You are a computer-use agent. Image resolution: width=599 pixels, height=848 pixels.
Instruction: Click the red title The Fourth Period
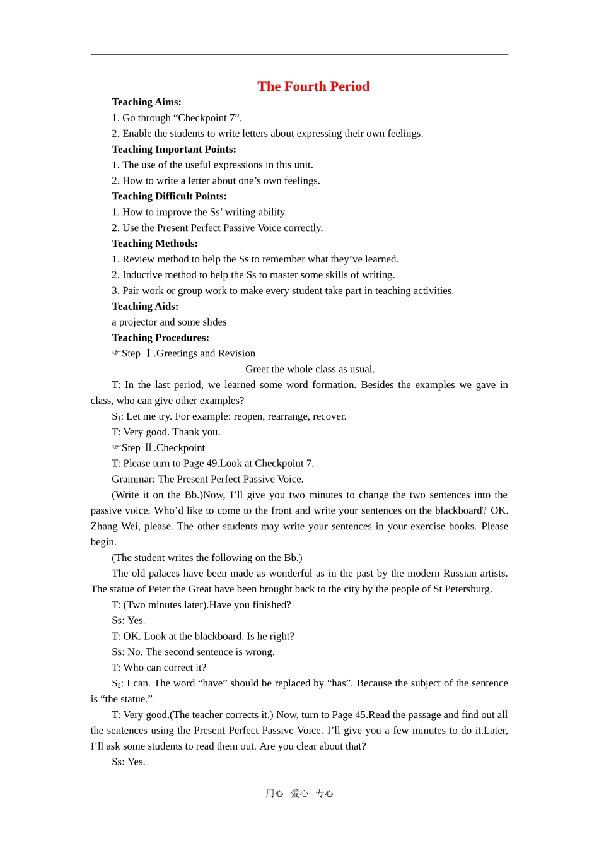point(313,86)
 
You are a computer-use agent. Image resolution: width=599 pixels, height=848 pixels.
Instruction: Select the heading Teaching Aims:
point(146,102)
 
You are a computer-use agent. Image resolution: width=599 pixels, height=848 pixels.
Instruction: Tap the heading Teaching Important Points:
point(174,150)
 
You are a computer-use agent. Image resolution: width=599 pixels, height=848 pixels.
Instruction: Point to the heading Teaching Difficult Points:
point(169,196)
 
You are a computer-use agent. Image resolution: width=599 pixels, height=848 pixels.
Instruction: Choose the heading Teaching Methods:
point(154,244)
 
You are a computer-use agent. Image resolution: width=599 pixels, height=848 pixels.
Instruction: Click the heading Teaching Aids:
point(145,307)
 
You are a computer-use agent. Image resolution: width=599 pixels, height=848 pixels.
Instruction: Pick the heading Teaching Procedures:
point(160,338)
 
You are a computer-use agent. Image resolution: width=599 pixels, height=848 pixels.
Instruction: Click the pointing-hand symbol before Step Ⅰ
point(116,353)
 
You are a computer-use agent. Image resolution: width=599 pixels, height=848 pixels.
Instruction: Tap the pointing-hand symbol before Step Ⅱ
point(116,447)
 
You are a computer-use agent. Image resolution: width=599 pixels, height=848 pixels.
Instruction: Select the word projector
point(139,322)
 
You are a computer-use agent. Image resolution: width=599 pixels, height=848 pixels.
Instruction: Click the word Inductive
point(142,275)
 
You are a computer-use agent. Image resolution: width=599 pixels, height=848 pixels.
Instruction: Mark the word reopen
point(249,416)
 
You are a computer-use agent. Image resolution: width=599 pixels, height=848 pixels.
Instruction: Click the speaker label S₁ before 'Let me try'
point(116,417)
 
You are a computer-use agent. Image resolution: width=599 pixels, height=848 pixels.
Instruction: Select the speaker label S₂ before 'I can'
point(116,684)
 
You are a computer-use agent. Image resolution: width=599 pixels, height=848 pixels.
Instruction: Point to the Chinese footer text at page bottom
point(299,794)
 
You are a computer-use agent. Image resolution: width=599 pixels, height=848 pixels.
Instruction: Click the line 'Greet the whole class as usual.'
point(310,369)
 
